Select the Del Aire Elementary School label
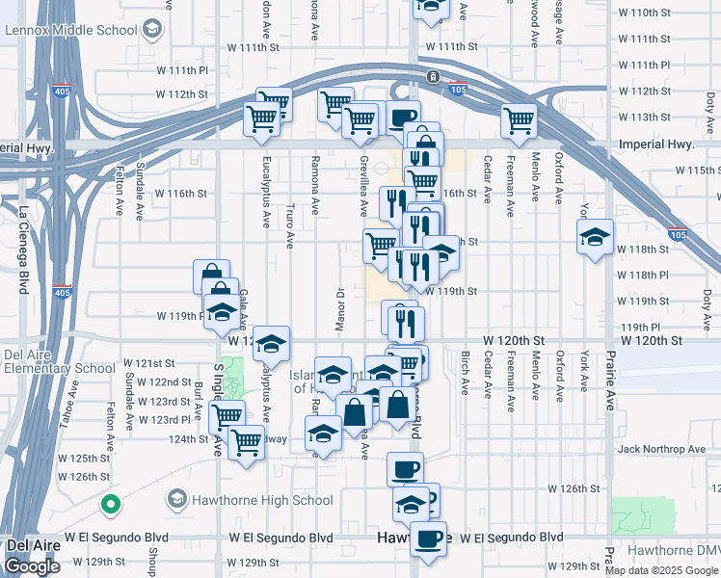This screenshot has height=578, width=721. [59, 361]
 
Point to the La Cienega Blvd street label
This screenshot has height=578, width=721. [25, 238]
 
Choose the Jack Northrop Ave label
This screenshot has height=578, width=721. [662, 449]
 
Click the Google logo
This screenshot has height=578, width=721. [32, 566]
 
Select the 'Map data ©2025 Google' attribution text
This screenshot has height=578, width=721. [661, 570]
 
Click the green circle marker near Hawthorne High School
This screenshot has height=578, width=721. [111, 504]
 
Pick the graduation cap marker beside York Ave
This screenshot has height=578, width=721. [595, 235]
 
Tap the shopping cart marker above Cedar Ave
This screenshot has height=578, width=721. [519, 119]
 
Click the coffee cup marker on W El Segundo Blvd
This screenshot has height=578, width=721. [428, 537]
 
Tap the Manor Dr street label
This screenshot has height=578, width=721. [339, 308]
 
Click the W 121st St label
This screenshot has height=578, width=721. [149, 363]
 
